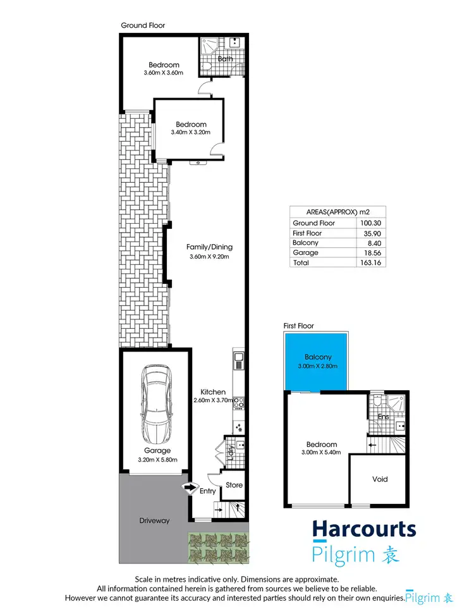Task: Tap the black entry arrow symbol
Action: pyautogui.click(x=189, y=487)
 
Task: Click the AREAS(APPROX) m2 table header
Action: pyautogui.click(x=337, y=212)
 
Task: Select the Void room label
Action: pyautogui.click(x=380, y=479)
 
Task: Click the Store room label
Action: pyautogui.click(x=234, y=486)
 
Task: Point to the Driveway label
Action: pyautogui.click(x=155, y=521)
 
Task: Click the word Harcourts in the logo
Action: pyautogui.click(x=365, y=530)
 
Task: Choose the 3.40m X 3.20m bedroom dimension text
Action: pyautogui.click(x=191, y=133)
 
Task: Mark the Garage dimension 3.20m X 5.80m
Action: pyautogui.click(x=157, y=460)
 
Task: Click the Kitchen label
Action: pyautogui.click(x=213, y=392)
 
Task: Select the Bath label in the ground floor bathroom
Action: pyautogui.click(x=226, y=59)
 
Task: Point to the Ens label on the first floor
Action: pyautogui.click(x=382, y=417)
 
